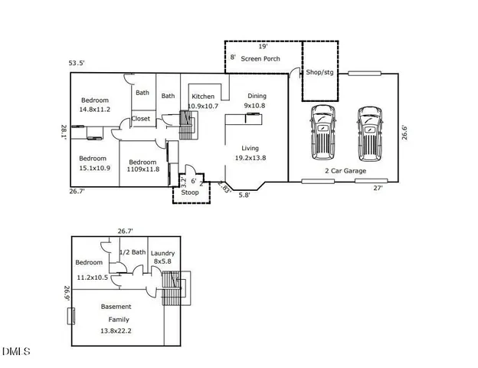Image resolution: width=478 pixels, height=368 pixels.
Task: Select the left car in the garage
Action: (322, 130)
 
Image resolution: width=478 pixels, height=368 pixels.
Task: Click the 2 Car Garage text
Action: (345, 171)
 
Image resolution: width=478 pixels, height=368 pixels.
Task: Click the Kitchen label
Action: (203, 96)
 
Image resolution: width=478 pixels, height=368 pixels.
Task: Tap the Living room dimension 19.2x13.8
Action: (250, 158)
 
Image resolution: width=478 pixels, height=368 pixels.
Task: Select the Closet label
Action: (141, 119)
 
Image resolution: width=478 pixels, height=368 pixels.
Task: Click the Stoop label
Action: (190, 192)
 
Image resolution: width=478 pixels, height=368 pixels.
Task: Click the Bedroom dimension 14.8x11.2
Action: (95, 110)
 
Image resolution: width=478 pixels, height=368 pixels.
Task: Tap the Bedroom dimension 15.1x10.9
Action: (94, 168)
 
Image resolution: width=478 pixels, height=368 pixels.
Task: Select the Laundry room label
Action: (163, 253)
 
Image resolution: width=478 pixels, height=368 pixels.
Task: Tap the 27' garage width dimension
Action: (378, 188)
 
